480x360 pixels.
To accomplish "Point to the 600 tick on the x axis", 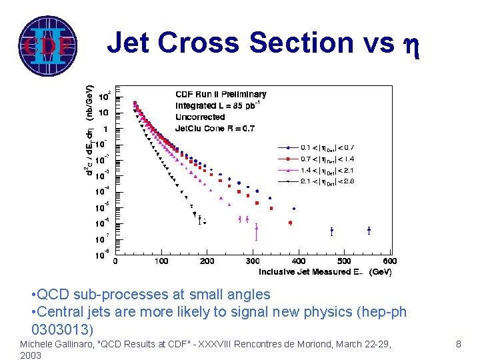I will click(390, 261).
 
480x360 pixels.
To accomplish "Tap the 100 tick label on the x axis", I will click(161, 261).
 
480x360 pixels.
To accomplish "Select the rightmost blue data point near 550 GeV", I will click(369, 231).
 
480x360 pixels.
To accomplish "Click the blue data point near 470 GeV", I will click(331, 231).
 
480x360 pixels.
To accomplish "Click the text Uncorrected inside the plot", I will click(200, 117).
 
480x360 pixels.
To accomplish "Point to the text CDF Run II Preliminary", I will click(221, 94).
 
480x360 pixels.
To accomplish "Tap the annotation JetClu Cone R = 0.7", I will click(215, 128).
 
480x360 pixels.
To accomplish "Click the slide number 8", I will click(458, 344).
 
